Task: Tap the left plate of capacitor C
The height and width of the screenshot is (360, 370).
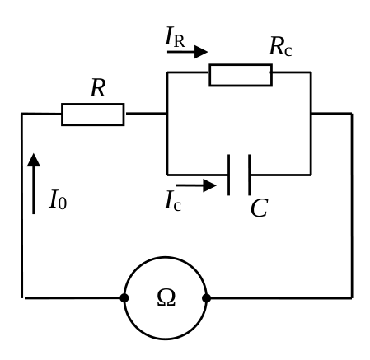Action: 228,175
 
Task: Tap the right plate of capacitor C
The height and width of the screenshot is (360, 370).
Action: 249,175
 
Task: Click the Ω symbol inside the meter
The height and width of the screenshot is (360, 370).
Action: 166,297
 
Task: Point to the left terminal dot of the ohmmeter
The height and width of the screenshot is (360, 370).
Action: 124,298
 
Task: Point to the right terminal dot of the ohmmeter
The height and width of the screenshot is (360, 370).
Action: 206,298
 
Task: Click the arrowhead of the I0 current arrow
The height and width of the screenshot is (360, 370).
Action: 34,160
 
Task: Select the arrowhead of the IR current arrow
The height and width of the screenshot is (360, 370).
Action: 201,52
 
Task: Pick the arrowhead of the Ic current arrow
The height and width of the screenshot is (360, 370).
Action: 209,185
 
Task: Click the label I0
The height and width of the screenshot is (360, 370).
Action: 58,199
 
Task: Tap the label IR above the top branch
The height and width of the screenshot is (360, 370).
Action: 175,36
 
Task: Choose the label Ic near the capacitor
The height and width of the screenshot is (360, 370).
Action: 172,201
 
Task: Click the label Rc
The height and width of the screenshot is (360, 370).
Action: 280,46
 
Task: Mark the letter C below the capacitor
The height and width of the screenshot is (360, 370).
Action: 260,208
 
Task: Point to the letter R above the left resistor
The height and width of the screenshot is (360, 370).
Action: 98,88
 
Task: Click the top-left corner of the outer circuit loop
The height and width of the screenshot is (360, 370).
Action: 21,113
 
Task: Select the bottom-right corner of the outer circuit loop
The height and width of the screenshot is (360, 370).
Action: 352,298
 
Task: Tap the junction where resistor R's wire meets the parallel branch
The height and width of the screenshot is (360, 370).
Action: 167,113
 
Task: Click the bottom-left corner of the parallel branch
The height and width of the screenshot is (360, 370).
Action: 167,175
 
